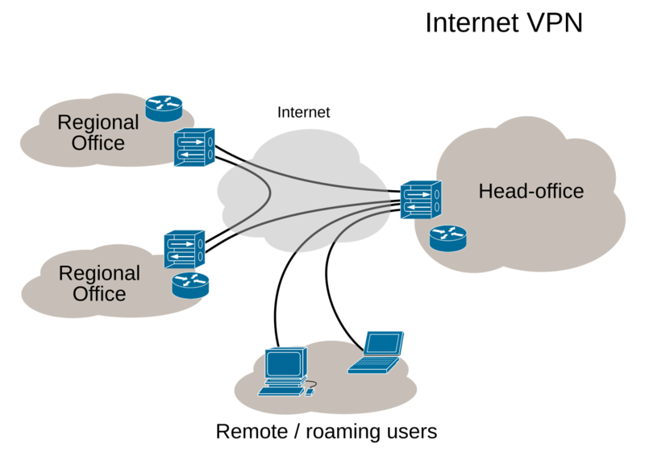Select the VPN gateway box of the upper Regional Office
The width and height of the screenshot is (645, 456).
[193, 147]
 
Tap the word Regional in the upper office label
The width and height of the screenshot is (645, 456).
[98, 122]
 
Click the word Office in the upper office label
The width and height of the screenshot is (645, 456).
[98, 143]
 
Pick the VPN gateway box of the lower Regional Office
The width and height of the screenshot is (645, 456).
[185, 250]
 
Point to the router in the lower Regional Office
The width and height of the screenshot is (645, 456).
[190, 283]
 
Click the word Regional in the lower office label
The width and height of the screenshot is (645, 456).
[99, 272]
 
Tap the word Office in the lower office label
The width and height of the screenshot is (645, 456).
[99, 293]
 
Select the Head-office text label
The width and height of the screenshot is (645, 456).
[531, 192]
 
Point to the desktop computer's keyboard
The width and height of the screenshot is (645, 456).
[280, 392]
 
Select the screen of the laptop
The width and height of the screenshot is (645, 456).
[382, 344]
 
